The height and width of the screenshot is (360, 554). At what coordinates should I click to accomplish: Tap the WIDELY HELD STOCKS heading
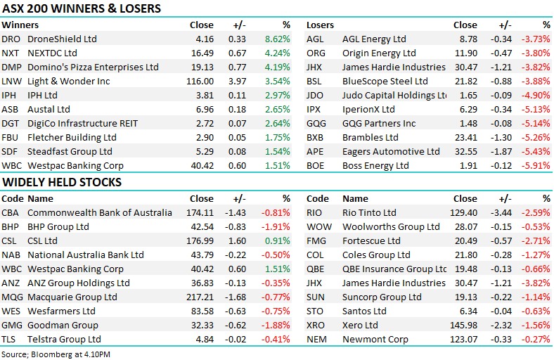(62, 183)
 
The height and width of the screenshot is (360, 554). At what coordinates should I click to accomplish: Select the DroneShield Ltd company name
(62, 39)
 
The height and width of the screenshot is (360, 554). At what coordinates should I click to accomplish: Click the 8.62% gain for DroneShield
(277, 39)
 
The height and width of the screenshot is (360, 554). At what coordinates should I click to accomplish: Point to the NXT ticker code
(11, 53)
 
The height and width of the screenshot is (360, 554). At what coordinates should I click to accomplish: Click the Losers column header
(320, 25)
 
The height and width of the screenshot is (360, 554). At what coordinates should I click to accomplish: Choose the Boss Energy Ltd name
(375, 166)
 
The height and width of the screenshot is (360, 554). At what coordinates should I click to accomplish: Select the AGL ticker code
(315, 39)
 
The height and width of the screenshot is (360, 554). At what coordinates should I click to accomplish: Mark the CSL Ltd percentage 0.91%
(277, 241)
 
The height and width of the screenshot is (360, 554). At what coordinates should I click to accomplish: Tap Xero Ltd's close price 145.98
(463, 326)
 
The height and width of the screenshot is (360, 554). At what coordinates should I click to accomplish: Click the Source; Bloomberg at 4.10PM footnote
(56, 354)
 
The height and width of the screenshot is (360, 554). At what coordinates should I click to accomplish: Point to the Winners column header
(20, 25)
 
